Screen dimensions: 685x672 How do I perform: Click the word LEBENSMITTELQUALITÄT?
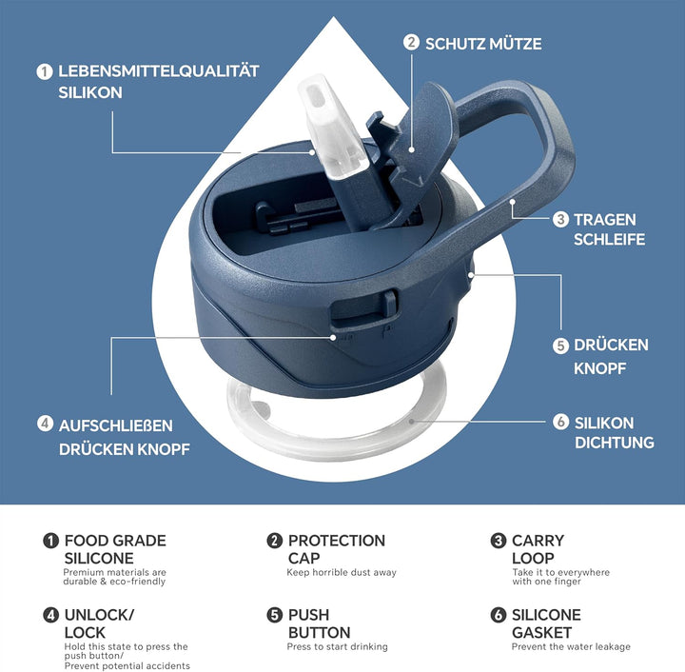click(159, 71)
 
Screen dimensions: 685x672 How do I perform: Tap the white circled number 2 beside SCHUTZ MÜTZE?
click(411, 43)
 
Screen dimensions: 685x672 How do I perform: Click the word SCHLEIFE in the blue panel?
click(609, 240)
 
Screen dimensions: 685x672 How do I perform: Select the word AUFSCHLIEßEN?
click(116, 425)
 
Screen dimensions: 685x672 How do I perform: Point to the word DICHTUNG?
click(615, 443)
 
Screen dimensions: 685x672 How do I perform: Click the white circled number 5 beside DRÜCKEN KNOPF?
click(560, 346)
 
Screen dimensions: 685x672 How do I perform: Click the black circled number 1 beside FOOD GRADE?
click(50, 541)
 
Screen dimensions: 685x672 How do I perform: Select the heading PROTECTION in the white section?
click(337, 541)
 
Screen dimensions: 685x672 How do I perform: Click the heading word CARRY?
click(538, 541)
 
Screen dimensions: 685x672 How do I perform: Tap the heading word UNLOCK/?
click(99, 615)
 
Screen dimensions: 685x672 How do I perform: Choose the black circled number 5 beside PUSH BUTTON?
click(275, 615)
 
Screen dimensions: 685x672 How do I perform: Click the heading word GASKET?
click(541, 632)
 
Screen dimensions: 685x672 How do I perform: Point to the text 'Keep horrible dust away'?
click(342, 572)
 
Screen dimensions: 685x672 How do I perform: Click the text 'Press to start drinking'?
click(337, 646)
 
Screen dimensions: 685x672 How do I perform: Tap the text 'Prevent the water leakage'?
click(571, 646)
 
